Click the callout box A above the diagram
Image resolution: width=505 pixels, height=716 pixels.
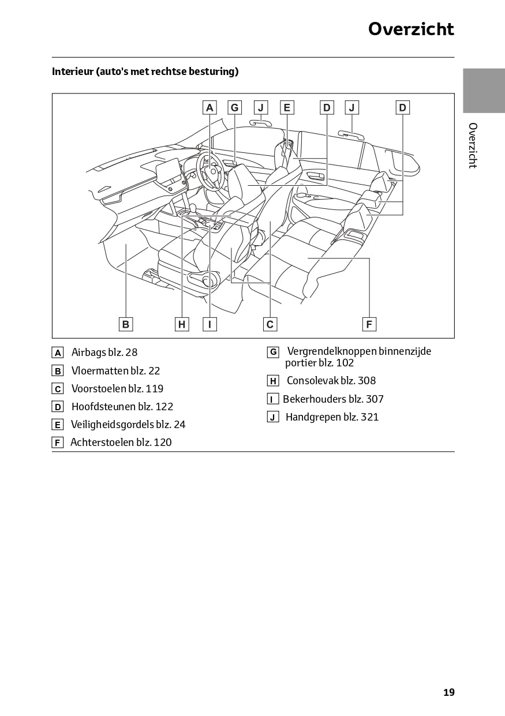pos(210,107)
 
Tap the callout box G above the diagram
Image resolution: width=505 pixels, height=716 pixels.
pos(234,107)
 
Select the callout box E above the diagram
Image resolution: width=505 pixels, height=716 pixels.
pos(287,107)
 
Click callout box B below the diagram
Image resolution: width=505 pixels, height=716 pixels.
pos(126,324)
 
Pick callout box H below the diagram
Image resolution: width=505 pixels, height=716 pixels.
pos(182,324)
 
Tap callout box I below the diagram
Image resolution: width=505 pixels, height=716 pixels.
pos(210,324)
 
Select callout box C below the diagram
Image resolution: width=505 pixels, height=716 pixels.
pos(270,324)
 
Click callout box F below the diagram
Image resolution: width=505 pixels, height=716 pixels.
pos(369,324)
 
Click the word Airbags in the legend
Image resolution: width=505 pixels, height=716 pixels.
pos(88,353)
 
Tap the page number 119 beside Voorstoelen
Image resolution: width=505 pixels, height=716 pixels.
pos(155,389)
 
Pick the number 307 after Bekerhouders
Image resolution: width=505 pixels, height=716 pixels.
pos(375,399)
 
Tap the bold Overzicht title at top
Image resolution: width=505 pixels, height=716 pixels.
pos(411,29)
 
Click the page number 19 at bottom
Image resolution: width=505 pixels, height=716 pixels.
pos(448,692)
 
